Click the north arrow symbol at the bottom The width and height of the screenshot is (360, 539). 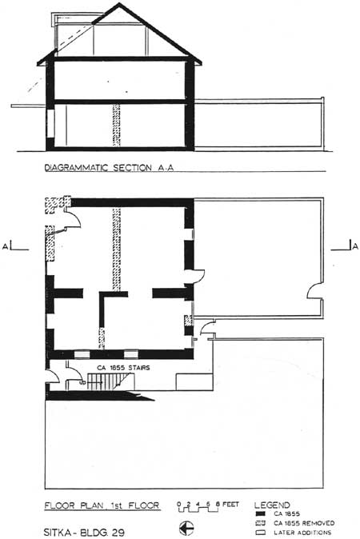[186, 528]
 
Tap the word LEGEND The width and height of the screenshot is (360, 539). [272, 505]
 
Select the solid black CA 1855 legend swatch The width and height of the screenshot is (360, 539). [261, 514]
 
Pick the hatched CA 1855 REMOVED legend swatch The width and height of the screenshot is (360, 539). [261, 523]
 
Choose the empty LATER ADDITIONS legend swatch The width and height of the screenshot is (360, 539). [261, 533]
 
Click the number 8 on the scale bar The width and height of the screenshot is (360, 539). [218, 505]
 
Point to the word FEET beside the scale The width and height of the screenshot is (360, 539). [230, 505]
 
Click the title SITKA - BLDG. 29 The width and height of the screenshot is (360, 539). [84, 532]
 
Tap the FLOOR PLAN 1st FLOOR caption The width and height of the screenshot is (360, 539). [102, 505]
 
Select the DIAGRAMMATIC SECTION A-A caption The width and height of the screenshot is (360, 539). [109, 168]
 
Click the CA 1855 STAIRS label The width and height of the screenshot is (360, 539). [123, 368]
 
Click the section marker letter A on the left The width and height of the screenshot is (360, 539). [5, 246]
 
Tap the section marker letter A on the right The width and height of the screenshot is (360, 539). [355, 246]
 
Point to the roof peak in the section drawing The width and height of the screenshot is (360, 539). [119, 4]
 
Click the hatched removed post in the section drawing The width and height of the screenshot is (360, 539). [117, 125]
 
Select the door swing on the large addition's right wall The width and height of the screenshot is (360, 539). [314, 291]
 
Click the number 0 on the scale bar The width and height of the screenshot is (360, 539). [178, 505]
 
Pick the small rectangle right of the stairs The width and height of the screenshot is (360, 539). [194, 382]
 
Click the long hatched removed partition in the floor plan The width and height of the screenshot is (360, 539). [117, 250]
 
